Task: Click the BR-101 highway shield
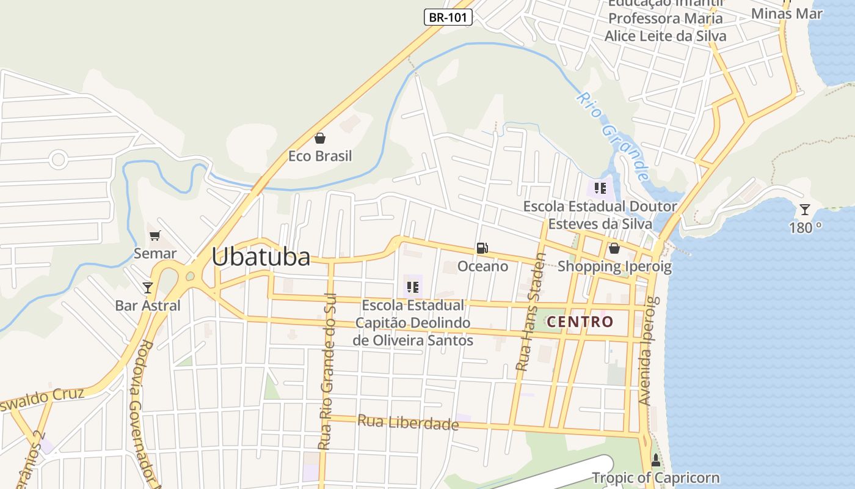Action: click(448, 17)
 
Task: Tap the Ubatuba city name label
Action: click(261, 257)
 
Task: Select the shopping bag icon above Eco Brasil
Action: click(320, 139)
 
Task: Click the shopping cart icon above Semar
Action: click(155, 235)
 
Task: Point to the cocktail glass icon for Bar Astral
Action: click(147, 287)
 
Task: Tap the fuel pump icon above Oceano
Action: click(482, 248)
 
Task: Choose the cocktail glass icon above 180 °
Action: click(805, 210)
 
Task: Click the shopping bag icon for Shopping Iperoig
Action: click(614, 248)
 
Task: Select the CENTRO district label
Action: click(580, 322)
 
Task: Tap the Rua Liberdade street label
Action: click(408, 422)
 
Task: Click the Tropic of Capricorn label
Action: click(656, 478)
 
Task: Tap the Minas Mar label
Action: click(787, 13)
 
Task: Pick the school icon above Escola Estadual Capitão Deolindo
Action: click(413, 287)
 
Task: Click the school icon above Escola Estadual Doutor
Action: click(600, 188)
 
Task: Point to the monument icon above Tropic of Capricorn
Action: click(656, 460)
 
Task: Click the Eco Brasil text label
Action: click(320, 156)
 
